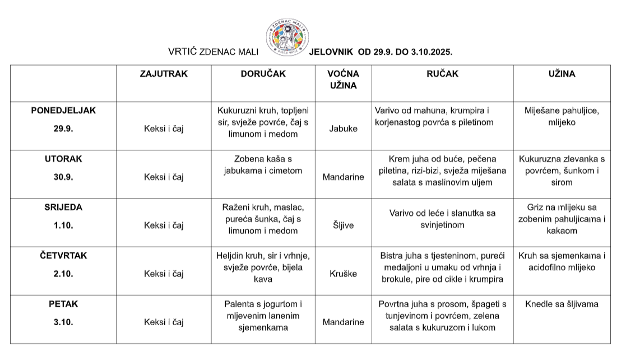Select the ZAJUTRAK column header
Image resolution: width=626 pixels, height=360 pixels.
(164, 73)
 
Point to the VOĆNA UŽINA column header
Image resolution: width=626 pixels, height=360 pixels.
(343, 80)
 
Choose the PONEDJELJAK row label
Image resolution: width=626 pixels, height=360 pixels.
(63, 110)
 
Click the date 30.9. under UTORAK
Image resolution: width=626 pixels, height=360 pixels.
(63, 177)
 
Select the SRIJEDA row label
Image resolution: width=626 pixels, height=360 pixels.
(63, 207)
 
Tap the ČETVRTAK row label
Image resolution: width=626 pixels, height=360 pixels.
(63, 255)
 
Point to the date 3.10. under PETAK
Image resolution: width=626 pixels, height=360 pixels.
(63, 322)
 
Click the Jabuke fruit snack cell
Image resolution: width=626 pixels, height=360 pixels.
(343, 128)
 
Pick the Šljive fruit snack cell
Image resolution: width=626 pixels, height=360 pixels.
(343, 225)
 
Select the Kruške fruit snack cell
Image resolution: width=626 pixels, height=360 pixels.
(343, 274)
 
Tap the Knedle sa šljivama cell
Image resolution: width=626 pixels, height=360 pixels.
(562, 304)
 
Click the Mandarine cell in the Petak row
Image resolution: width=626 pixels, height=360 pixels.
(343, 322)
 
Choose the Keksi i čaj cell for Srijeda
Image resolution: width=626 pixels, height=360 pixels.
(164, 225)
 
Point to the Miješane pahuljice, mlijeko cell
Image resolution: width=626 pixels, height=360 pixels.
(562, 116)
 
